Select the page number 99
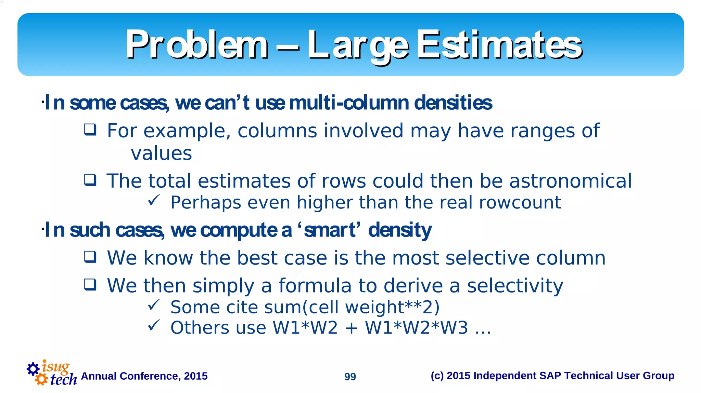click(x=350, y=377)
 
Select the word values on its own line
click(x=161, y=153)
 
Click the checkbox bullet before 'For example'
click(x=90, y=130)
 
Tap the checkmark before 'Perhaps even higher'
click(x=154, y=200)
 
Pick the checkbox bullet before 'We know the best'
click(x=90, y=257)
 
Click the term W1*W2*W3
click(x=416, y=328)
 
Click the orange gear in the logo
click(x=41, y=379)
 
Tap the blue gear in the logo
click(x=33, y=369)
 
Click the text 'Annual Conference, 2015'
click(x=144, y=376)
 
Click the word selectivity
click(x=515, y=286)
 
